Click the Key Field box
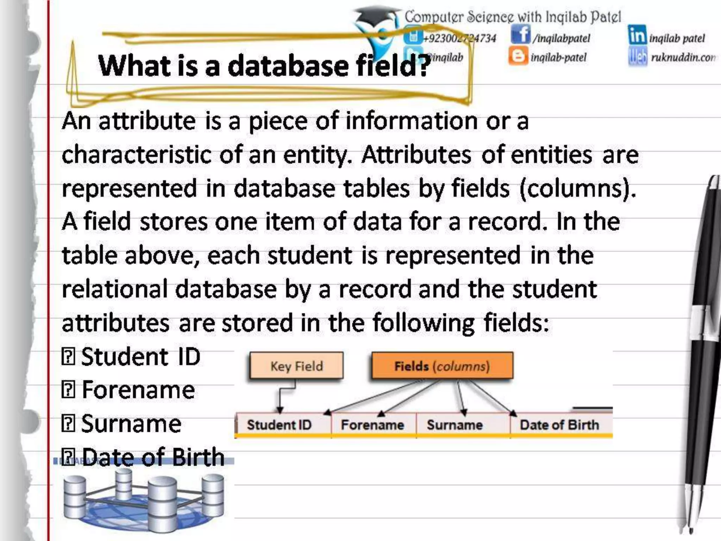pyautogui.click(x=296, y=366)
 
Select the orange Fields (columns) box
pyautogui.click(x=442, y=366)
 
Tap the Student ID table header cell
pyautogui.click(x=280, y=425)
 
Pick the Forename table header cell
pyautogui.click(x=372, y=425)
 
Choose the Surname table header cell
pyautogui.click(x=455, y=425)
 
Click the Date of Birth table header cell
pyautogui.click(x=559, y=425)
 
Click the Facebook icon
pyautogui.click(x=520, y=35)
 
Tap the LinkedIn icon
pyautogui.click(x=637, y=35)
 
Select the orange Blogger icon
pyautogui.click(x=518, y=56)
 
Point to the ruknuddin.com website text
pyautogui.click(x=683, y=57)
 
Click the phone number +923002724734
pyautogui.click(x=460, y=38)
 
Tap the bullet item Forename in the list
pyautogui.click(x=138, y=390)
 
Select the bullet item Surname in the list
pyautogui.click(x=131, y=424)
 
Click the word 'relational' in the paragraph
pyautogui.click(x=114, y=289)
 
